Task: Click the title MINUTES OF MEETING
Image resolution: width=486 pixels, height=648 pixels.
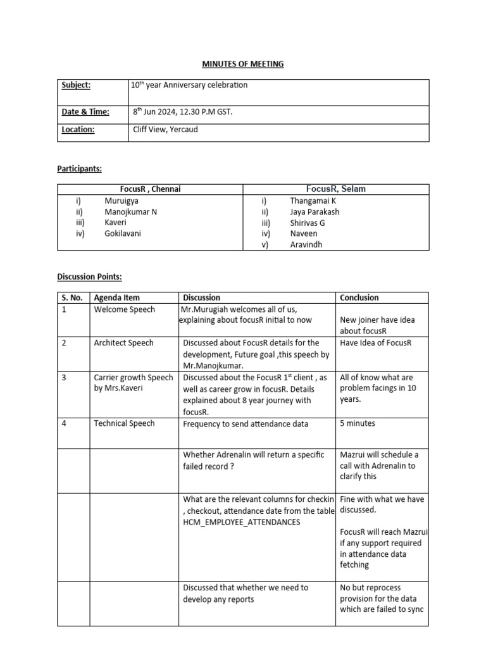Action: click(x=243, y=64)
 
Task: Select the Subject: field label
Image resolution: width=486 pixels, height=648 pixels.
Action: click(x=76, y=85)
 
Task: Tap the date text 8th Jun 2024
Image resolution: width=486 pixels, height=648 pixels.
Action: click(x=157, y=112)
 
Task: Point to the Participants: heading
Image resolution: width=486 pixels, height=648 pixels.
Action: click(x=80, y=169)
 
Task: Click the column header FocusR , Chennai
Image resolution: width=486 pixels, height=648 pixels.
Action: click(x=151, y=189)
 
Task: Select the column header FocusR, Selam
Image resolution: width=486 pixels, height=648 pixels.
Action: click(x=335, y=189)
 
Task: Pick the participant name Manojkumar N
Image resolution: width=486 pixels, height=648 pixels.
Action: click(x=131, y=212)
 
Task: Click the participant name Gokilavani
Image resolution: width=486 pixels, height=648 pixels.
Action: click(x=124, y=234)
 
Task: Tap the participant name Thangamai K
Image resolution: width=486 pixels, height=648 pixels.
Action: click(x=313, y=201)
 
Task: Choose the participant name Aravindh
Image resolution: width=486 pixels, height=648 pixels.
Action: click(x=306, y=244)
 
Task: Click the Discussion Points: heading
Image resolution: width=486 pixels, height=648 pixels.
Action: click(x=89, y=277)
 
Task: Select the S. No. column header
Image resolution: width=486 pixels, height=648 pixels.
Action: click(x=73, y=297)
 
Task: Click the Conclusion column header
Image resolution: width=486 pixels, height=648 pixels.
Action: click(x=359, y=297)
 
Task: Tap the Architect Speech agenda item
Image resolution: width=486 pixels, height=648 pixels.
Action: click(x=123, y=343)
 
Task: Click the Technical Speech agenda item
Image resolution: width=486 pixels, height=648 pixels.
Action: click(x=124, y=423)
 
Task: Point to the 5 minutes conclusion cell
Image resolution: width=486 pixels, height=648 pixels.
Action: click(x=358, y=423)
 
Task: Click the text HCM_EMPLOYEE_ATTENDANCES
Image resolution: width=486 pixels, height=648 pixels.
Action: click(x=242, y=522)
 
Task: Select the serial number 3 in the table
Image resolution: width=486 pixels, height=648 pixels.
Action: click(x=64, y=377)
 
